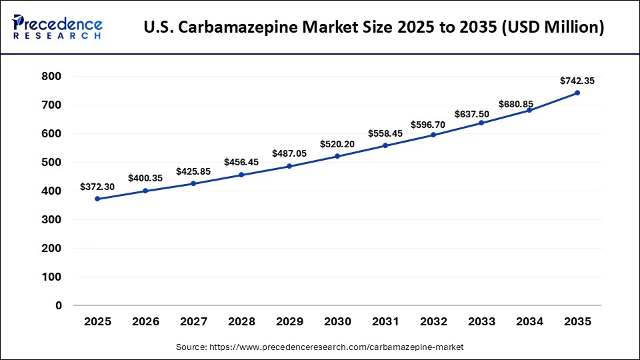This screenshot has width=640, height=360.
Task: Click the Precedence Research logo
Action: tap(57, 27)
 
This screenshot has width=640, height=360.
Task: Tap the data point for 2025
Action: tap(97, 199)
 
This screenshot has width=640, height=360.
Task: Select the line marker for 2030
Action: tap(337, 156)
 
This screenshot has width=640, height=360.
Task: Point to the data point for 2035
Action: tap(577, 93)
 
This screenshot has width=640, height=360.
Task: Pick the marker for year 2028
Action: tap(241, 175)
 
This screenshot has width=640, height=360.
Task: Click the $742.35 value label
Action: tap(577, 81)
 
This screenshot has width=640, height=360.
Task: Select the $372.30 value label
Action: tap(97, 187)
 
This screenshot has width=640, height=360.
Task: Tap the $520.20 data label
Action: tap(337, 144)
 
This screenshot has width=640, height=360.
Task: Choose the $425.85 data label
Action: tap(193, 171)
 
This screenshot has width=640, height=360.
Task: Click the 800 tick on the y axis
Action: tap(51, 77)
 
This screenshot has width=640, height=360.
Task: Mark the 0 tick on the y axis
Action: tap(59, 305)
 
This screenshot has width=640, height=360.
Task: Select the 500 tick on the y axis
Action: tap(51, 162)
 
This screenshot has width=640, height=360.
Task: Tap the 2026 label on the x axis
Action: tap(145, 321)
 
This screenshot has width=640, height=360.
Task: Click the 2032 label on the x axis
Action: tap(433, 321)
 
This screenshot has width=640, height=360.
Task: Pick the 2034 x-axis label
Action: tap(529, 321)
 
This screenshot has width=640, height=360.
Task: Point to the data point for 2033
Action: tap(481, 123)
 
